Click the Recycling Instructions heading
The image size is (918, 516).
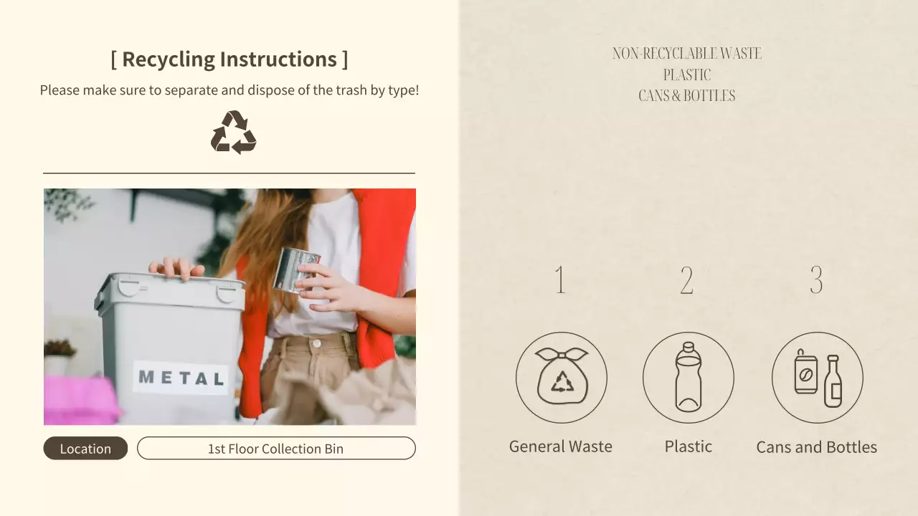(229, 59)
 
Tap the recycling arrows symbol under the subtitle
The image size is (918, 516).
(233, 133)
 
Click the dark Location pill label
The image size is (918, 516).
(85, 449)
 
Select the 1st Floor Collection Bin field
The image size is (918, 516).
(276, 449)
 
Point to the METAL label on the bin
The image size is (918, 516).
(181, 378)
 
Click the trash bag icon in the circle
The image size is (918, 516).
(561, 377)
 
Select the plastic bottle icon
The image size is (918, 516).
(688, 377)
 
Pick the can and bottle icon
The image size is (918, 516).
(817, 377)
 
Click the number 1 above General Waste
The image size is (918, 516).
(560, 280)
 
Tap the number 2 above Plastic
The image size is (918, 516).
(686, 280)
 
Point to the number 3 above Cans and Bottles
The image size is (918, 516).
(816, 280)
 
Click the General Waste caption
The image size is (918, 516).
(560, 446)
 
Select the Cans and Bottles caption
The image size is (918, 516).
(816, 447)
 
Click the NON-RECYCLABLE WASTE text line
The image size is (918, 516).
(686, 54)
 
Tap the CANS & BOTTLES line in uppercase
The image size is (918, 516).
(686, 96)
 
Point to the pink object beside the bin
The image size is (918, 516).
(79, 401)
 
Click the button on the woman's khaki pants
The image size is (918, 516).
(316, 344)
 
